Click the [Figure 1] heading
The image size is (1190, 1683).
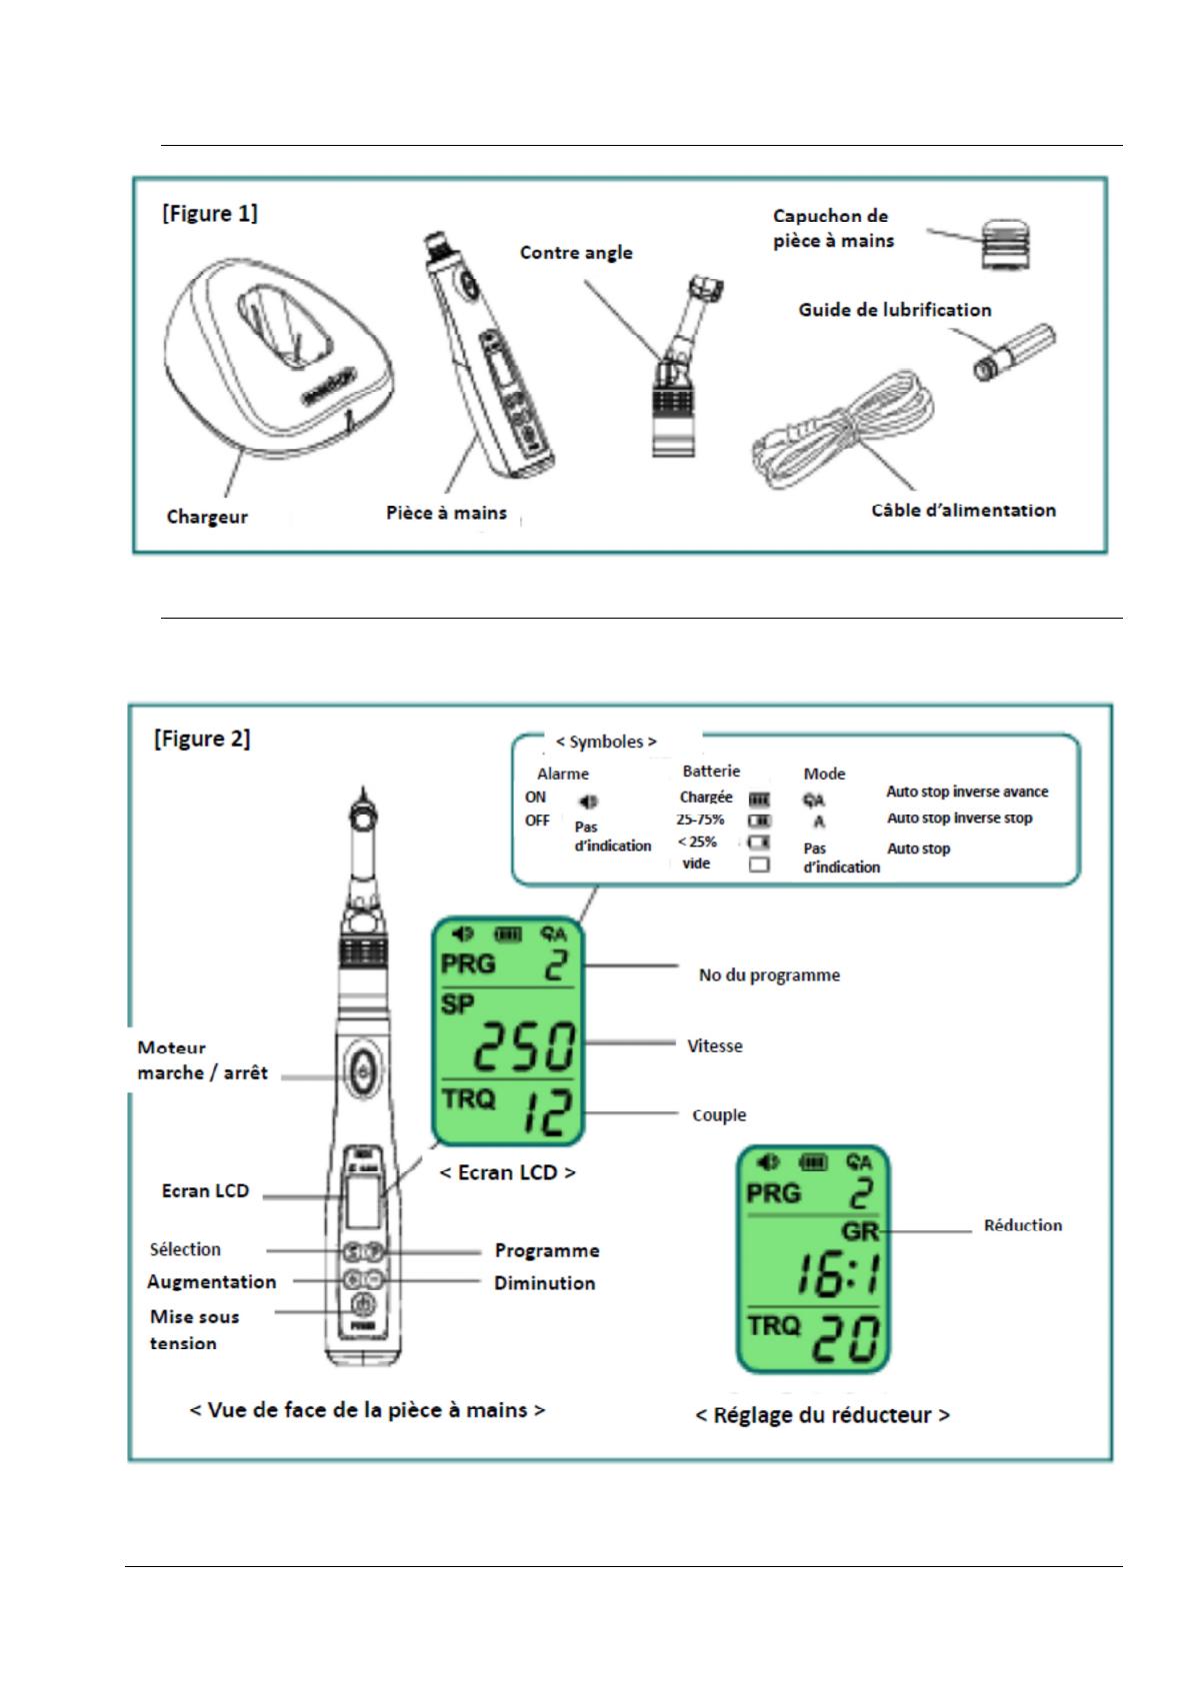tap(209, 214)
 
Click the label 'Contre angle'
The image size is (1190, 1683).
tap(576, 253)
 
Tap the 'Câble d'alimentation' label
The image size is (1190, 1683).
tap(963, 511)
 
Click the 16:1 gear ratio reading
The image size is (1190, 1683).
tap(837, 1277)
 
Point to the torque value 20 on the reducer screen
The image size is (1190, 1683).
tap(847, 1340)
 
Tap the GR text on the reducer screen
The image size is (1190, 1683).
tap(860, 1231)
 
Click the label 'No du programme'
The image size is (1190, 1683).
tap(769, 975)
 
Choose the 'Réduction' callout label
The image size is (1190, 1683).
tap(1023, 1225)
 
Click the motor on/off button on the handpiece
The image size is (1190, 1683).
tap(361, 1073)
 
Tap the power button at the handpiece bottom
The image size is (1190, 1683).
tap(362, 1306)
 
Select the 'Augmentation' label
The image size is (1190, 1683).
tap(211, 1282)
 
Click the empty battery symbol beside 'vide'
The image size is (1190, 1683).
tap(759, 864)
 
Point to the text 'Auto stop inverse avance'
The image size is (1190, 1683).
tap(967, 792)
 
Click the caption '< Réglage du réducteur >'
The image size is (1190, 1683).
tap(822, 1415)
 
